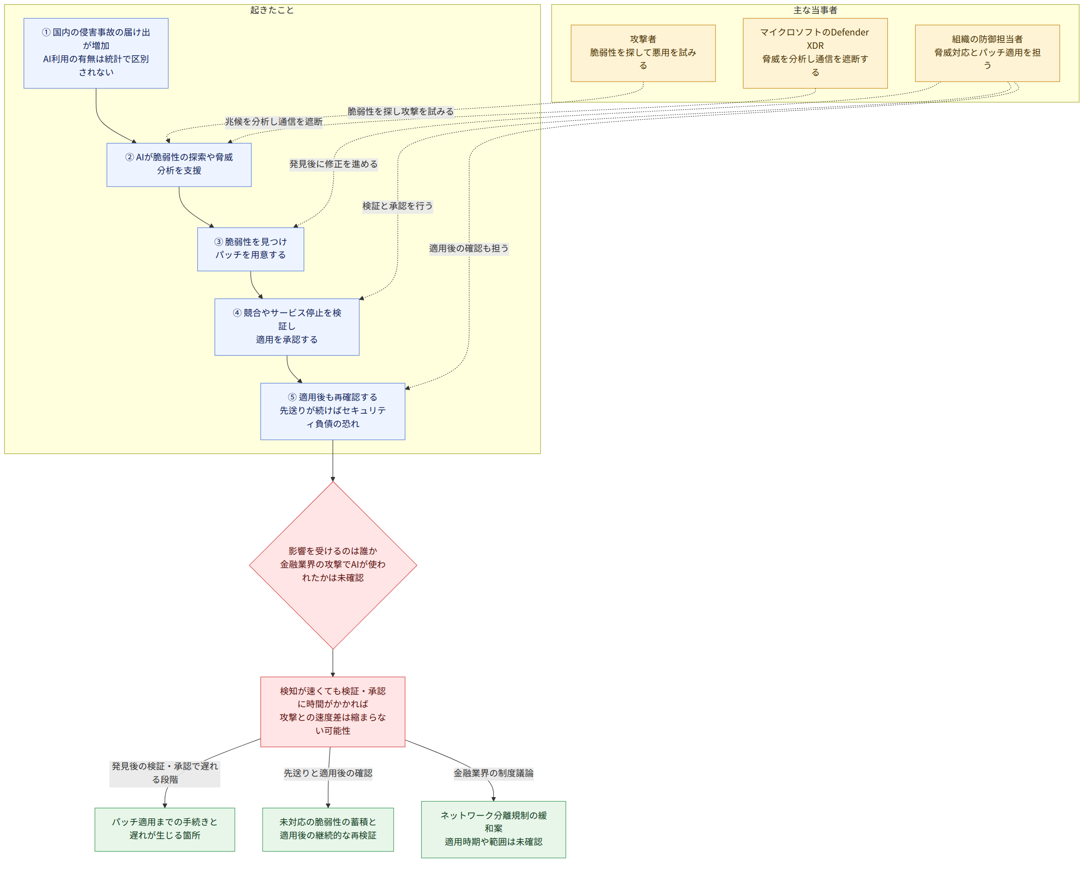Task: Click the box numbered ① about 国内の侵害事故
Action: click(x=96, y=53)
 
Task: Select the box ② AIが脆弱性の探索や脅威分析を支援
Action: click(x=179, y=165)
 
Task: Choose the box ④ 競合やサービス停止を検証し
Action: click(x=287, y=327)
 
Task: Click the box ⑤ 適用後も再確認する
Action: click(x=333, y=411)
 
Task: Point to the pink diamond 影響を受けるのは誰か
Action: click(x=333, y=565)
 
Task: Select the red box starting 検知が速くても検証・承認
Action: click(x=333, y=711)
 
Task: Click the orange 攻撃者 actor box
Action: click(x=643, y=53)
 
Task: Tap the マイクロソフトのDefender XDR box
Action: click(x=815, y=53)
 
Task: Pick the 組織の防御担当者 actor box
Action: click(x=987, y=53)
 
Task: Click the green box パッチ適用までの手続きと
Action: click(x=165, y=829)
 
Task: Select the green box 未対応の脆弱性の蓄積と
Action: click(x=328, y=829)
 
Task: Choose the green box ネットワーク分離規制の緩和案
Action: click(x=493, y=829)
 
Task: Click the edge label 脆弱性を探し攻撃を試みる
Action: click(x=401, y=112)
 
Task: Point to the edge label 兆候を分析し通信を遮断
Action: click(x=274, y=122)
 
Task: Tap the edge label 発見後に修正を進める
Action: click(x=334, y=164)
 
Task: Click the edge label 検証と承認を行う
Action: click(x=398, y=206)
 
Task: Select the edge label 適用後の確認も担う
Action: click(x=469, y=248)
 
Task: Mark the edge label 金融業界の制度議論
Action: click(x=493, y=773)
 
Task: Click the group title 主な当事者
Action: click(x=815, y=10)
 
